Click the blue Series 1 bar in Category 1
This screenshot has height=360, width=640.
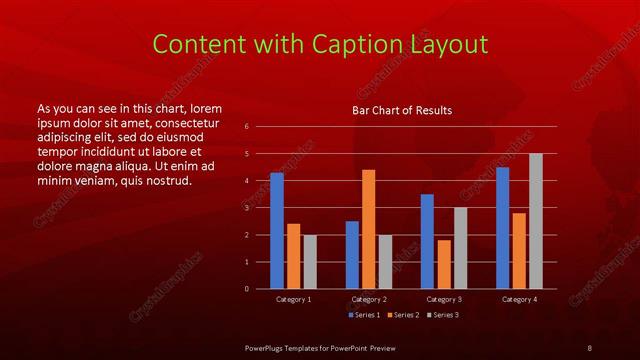277,231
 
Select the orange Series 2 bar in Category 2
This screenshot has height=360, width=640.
368,229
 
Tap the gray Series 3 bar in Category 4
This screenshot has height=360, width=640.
535,221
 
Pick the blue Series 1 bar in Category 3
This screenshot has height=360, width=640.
427,241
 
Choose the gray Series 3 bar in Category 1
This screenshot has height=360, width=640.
309,262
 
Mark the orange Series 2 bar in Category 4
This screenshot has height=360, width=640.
518,251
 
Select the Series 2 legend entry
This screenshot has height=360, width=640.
400,315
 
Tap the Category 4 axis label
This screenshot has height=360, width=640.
518,299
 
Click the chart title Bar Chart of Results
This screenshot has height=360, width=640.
402,110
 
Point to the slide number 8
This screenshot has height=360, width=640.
590,347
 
